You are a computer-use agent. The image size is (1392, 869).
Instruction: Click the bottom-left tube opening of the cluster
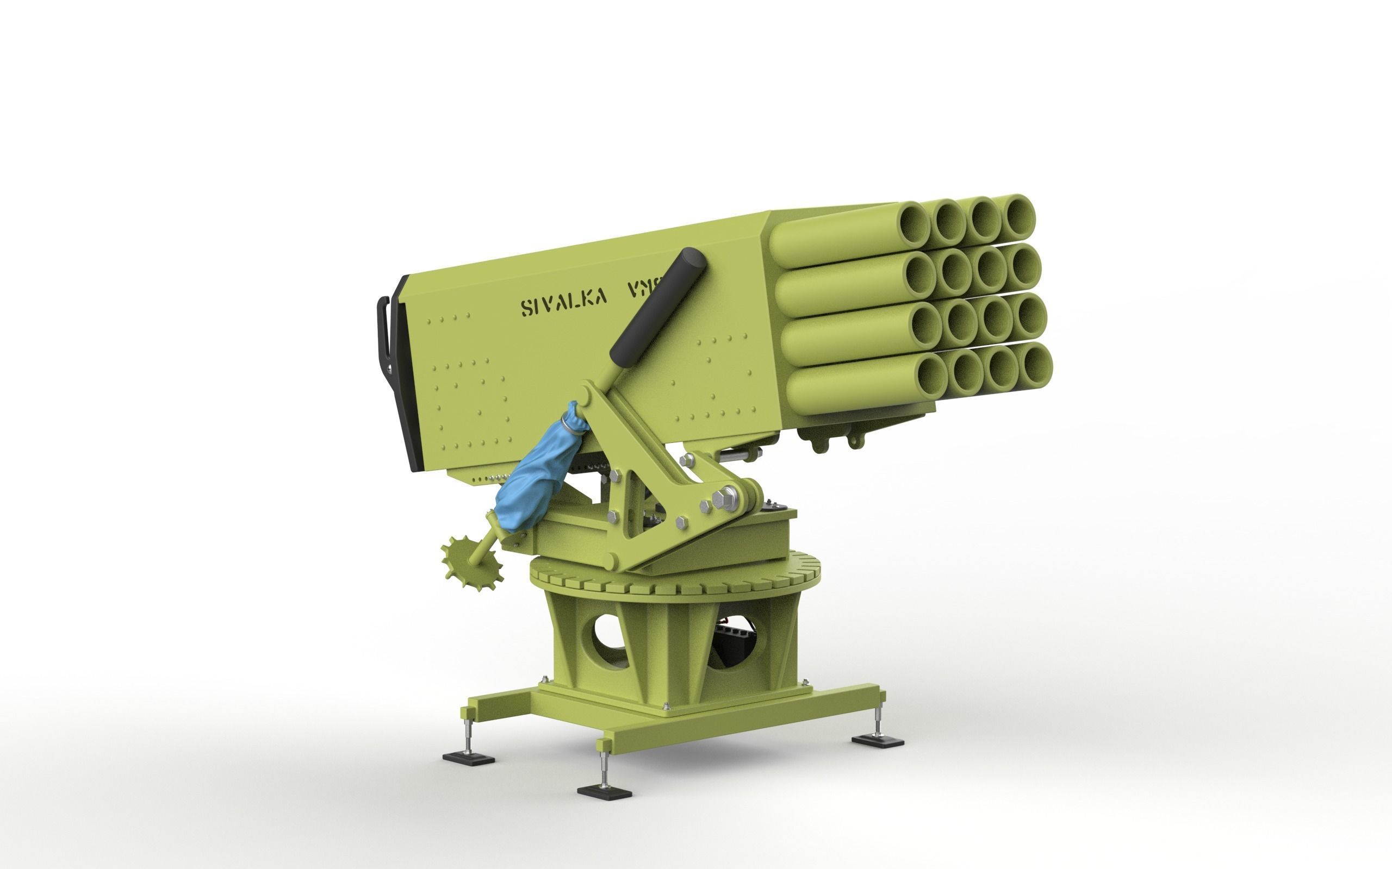point(931,373)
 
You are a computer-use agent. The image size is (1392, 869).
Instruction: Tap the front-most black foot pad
point(604,792)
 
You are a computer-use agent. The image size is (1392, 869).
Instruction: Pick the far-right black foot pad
point(878,741)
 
